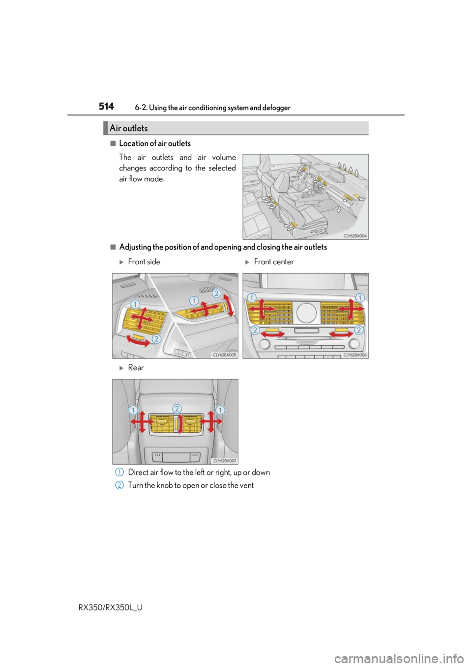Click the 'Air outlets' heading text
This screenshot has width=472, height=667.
[128, 128]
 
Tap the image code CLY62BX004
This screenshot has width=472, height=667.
[354, 236]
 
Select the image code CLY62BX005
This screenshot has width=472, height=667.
[224, 355]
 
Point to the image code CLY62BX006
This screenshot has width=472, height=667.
[354, 355]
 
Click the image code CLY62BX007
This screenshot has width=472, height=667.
[224, 461]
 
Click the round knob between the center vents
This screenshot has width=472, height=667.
[306, 312]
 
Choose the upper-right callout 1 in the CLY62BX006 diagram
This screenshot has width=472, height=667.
[359, 298]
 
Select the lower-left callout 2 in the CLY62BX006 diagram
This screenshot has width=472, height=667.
[255, 330]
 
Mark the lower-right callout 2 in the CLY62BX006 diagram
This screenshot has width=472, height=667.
[358, 330]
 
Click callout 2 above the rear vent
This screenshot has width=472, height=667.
[177, 409]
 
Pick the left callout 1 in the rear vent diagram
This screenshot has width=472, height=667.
[133, 410]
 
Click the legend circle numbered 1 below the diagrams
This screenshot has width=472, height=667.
[119, 472]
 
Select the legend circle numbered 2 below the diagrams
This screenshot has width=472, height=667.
[119, 485]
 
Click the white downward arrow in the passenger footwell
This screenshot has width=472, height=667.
[339, 210]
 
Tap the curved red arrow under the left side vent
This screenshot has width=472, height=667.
[138, 341]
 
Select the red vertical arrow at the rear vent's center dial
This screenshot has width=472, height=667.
[180, 423]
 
